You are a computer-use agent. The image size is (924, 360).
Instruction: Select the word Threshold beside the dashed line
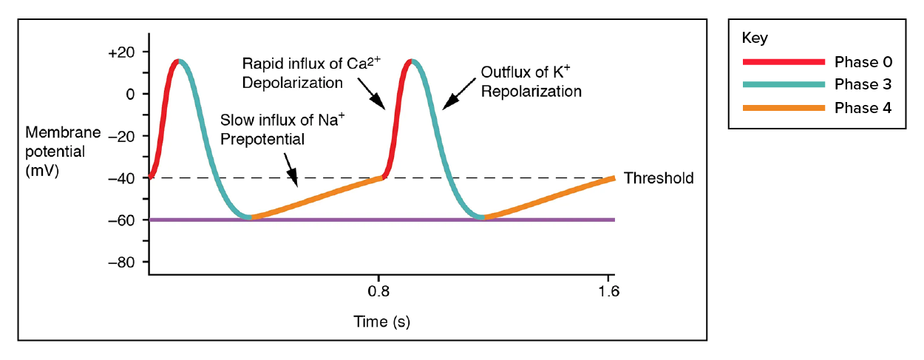[659, 178]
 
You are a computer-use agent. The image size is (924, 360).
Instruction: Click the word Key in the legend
[753, 38]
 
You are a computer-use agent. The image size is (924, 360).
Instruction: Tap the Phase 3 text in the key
[863, 85]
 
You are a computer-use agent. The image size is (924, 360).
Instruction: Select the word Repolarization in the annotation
[531, 92]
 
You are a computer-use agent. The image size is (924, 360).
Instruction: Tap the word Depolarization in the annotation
[292, 83]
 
